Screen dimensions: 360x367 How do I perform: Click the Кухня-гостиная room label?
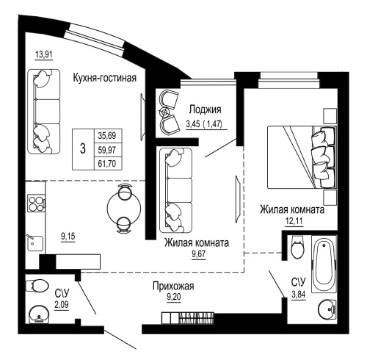(x=104, y=78)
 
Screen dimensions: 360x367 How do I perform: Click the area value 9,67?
(x=197, y=255)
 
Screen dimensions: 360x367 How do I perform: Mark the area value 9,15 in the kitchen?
(x=68, y=236)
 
